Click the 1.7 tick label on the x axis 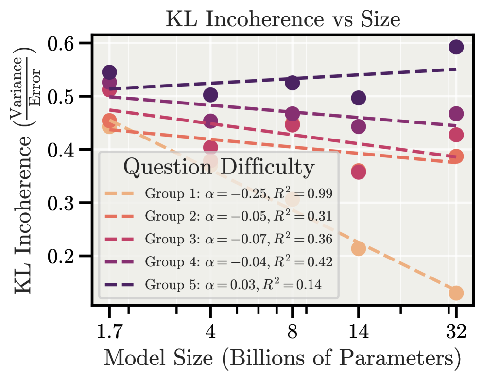109,332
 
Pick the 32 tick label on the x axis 456,332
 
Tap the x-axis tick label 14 358,332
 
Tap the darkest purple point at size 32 456,47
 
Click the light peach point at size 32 456,293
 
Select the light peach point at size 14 358,248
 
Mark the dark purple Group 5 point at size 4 210,95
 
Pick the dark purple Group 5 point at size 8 293,83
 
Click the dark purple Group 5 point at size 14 358,98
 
